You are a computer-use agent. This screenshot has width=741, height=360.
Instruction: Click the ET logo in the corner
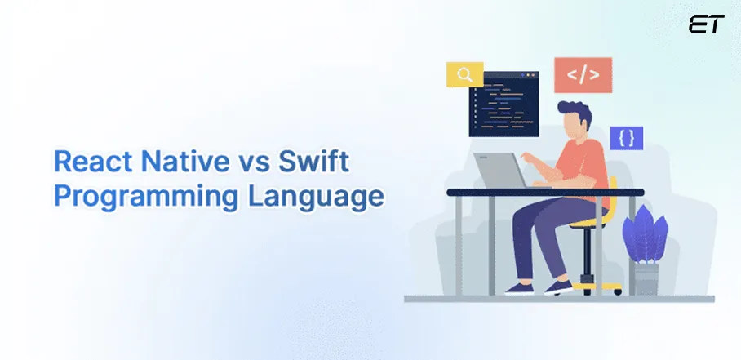705,25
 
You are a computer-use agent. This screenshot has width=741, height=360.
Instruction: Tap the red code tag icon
583,76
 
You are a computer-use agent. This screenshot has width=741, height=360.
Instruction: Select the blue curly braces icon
626,139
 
